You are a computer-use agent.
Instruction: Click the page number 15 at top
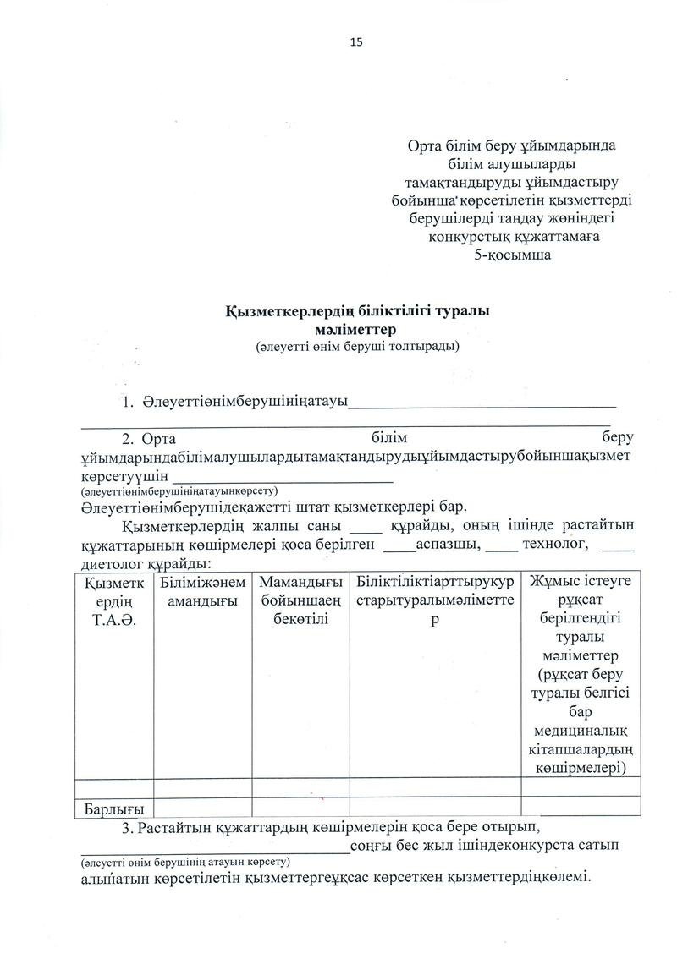coord(355,41)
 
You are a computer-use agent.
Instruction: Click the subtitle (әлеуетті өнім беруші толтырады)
coord(358,346)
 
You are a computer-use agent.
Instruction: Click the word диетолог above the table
coord(110,563)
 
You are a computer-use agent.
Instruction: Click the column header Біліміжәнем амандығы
coord(202,591)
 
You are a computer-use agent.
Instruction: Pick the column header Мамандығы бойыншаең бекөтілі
coord(300,600)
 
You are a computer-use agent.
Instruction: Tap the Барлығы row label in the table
coord(113,808)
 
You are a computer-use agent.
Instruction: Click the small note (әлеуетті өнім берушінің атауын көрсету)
coord(185,862)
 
